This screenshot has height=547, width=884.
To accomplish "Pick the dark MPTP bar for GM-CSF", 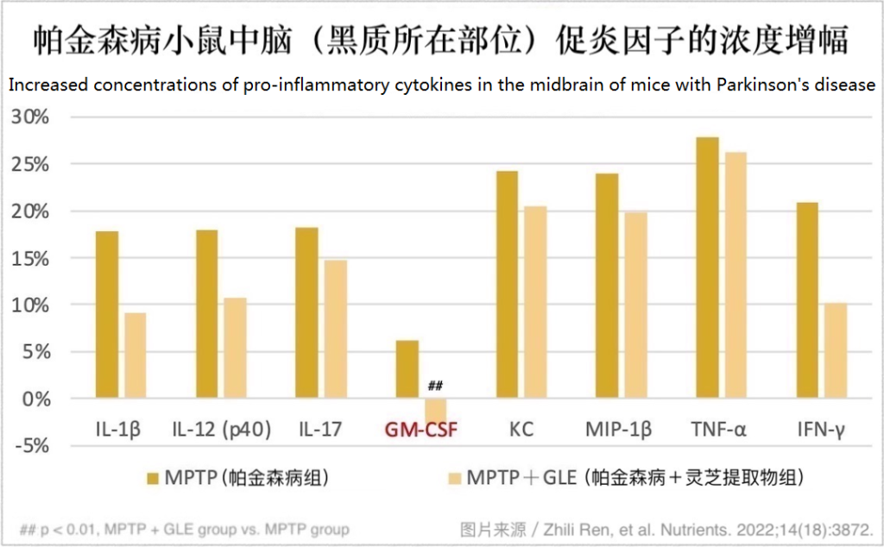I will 407,369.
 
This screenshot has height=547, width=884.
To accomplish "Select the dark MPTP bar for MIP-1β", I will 607,286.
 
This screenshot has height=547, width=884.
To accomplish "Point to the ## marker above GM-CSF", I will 435,385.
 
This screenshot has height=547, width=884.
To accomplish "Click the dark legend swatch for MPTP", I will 153,477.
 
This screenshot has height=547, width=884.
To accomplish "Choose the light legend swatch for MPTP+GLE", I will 453,477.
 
